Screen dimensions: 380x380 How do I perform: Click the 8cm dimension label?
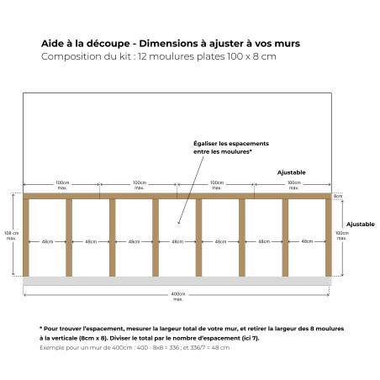[x=338, y=197]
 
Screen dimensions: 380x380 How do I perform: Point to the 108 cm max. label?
[x=12, y=235]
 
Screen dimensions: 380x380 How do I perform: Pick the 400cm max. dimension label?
[x=177, y=296]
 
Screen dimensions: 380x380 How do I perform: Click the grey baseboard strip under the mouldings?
[x=177, y=281]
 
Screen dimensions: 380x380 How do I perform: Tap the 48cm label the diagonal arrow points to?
[x=177, y=241]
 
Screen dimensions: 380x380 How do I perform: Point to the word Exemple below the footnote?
[x=54, y=346]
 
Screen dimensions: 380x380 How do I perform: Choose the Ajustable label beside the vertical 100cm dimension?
[x=361, y=224]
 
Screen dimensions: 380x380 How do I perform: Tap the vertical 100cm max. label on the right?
[x=341, y=235]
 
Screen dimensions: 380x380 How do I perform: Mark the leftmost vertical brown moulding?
[x=25, y=238]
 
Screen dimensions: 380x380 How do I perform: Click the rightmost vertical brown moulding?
[x=329, y=238]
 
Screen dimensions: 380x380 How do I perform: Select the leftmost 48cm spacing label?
[x=47, y=241]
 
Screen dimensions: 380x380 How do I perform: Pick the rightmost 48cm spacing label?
[x=307, y=241]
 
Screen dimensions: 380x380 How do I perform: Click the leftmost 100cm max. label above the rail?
[x=62, y=184]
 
